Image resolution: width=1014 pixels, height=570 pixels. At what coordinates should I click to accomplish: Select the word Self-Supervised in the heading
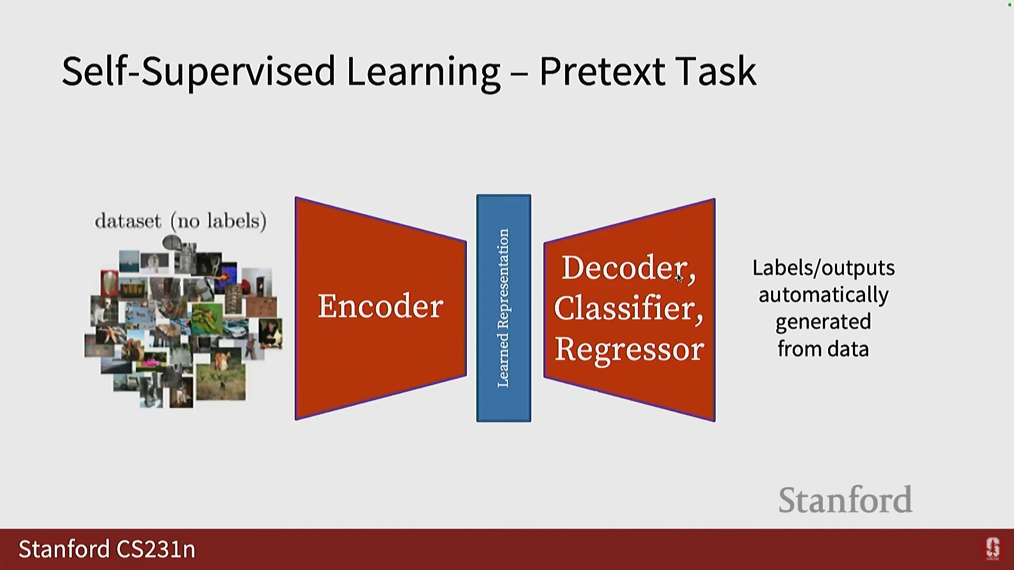198,71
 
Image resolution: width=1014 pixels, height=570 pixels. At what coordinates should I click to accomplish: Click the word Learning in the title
422,71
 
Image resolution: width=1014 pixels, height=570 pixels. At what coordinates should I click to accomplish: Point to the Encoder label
380,306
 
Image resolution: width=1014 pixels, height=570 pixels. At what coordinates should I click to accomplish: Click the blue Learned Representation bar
504,308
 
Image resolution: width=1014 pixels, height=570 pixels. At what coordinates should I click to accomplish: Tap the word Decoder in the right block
623,268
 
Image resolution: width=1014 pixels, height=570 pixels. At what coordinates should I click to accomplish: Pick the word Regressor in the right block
629,349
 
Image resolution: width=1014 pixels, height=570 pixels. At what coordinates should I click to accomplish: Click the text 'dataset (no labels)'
181,221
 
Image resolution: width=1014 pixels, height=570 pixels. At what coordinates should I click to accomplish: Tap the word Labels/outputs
823,268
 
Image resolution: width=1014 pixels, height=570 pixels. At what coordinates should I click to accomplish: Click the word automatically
823,295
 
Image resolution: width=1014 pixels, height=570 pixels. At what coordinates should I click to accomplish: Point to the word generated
823,322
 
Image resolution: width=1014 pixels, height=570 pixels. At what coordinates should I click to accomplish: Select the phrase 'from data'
823,349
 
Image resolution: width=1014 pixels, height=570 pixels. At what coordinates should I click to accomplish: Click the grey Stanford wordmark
845,500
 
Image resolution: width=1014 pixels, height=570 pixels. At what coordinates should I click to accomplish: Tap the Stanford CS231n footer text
107,549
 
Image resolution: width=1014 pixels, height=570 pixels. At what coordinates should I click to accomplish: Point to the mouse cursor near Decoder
679,278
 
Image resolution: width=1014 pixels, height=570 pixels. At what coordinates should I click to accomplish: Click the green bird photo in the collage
207,319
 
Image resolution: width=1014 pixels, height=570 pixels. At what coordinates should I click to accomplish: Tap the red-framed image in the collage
109,283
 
